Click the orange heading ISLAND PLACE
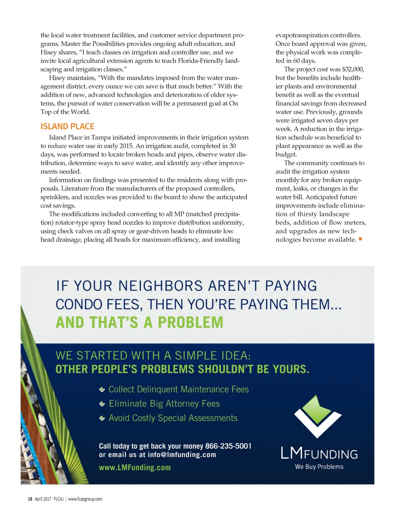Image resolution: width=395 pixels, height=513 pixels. pos(68,127)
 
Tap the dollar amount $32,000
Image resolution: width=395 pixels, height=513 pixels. pos(353,69)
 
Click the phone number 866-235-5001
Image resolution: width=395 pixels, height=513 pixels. pos(228,446)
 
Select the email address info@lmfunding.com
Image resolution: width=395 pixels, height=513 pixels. pos(182,455)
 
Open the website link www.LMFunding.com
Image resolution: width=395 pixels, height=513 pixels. pos(135,467)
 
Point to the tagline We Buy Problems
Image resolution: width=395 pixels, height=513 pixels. pos(319,467)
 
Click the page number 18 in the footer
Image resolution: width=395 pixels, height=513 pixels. pos(30,499)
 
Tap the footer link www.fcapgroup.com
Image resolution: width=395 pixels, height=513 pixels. pos(85,499)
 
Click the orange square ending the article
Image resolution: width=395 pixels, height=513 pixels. pos(360,239)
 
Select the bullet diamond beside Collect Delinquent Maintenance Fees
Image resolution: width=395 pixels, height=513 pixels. pos(102,390)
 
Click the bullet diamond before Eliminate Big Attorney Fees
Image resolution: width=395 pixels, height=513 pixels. pos(102,404)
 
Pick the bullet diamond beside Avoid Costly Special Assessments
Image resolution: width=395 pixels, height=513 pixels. pos(102,418)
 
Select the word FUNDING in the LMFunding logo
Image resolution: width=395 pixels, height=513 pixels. pos(331,454)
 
